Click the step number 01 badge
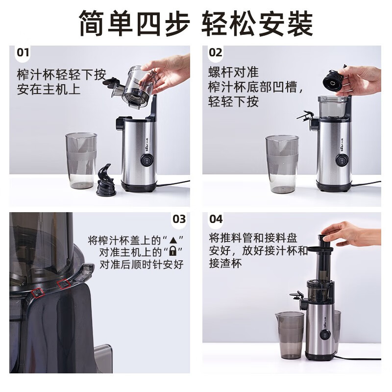pyautogui.click(x=23, y=53)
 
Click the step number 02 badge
pyautogui.click(x=215, y=53)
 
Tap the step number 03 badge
pyautogui.click(x=179, y=219)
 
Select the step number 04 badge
pyautogui.click(x=216, y=219)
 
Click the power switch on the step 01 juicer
pyautogui.click(x=147, y=160)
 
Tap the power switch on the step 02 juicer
pyautogui.click(x=341, y=160)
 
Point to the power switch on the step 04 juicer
pyautogui.click(x=325, y=335)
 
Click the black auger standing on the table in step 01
pyautogui.click(x=105, y=180)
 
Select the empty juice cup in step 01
pyautogui.click(x=81, y=161)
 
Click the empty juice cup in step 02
pyautogui.click(x=282, y=164)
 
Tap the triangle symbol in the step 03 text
pyautogui.click(x=173, y=241)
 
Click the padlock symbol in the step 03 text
pyautogui.click(x=172, y=251)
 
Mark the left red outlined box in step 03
pyautogui.click(x=38, y=293)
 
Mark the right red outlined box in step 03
pyautogui.click(x=64, y=284)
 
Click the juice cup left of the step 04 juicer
pyautogui.click(x=290, y=335)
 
